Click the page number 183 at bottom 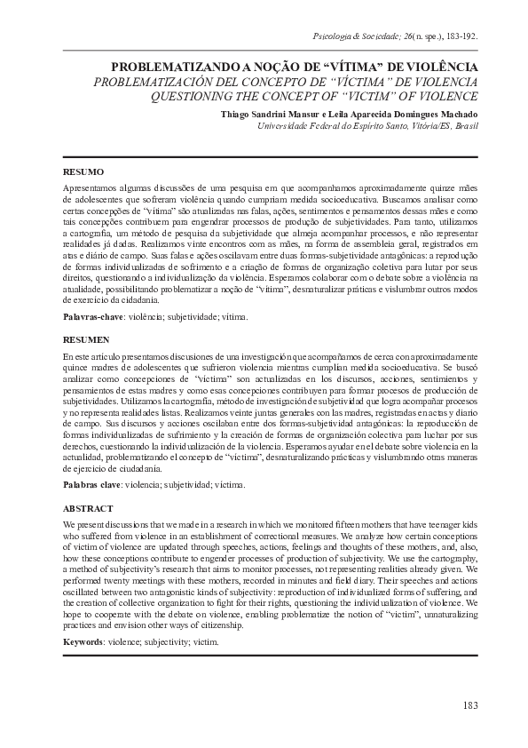coord(470,705)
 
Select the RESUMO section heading coord(83,171)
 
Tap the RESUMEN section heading coord(86,339)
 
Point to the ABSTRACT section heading coord(88,508)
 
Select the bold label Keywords coord(87,640)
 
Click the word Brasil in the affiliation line coord(465,127)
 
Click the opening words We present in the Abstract coord(83,526)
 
